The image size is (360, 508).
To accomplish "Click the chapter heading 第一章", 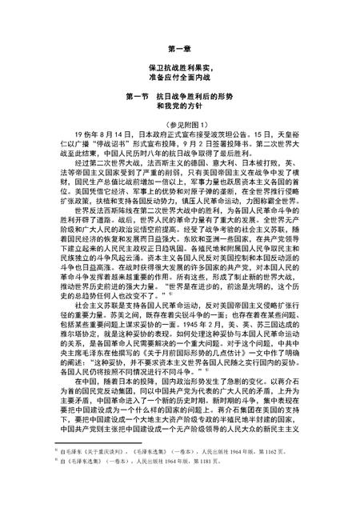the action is click(x=179, y=47).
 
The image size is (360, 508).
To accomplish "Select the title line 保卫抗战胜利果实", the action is click(x=179, y=70).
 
